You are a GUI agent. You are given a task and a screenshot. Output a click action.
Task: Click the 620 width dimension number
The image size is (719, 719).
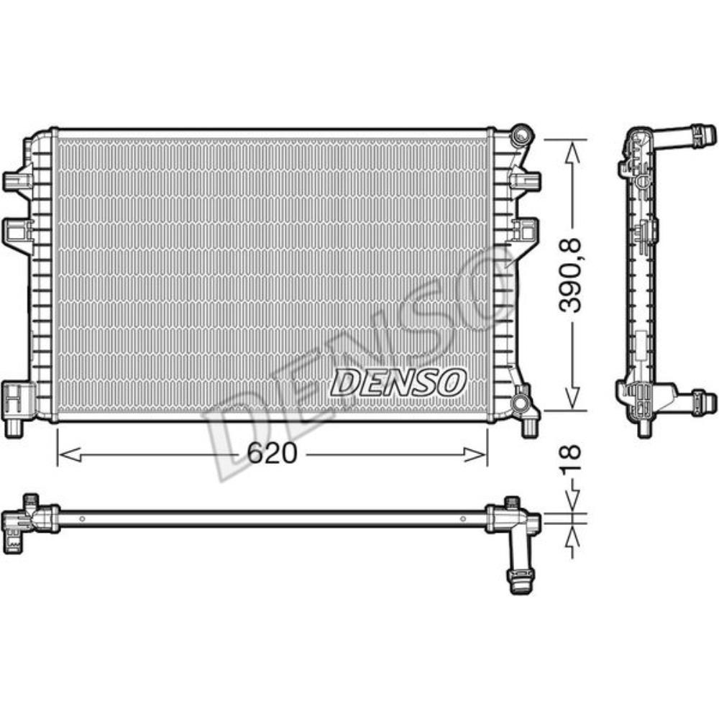click(x=272, y=453)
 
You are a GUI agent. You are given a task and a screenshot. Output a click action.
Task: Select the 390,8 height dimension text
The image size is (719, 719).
click(x=572, y=276)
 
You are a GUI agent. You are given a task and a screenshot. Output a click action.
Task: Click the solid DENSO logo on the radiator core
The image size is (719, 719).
click(x=398, y=382)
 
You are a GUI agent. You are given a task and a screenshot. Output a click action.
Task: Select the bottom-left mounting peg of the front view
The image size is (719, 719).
click(x=14, y=427)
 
